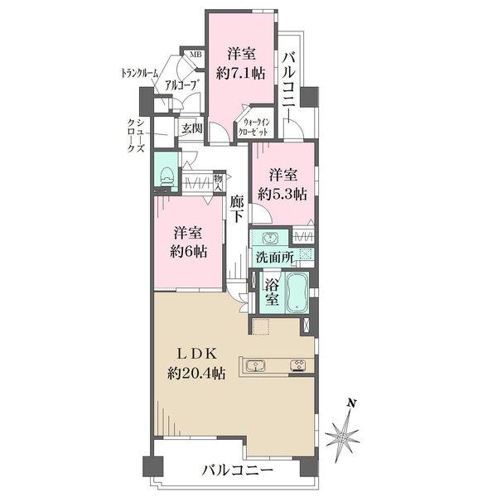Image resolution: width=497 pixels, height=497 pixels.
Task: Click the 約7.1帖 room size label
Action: tap(240, 73)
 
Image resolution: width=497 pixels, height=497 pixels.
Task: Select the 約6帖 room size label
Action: tap(190, 252)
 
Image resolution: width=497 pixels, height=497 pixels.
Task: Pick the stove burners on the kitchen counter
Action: tap(297, 366)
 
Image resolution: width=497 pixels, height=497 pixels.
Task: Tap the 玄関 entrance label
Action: tap(192, 128)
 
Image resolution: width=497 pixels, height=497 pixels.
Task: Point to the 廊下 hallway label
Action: tap(237, 207)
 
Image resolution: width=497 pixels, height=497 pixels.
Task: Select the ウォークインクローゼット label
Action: tap(253, 126)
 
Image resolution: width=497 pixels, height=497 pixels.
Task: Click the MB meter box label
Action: tap(196, 55)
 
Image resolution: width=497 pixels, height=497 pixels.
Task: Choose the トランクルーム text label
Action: tap(139, 74)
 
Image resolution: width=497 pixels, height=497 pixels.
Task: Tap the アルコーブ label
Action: tap(180, 84)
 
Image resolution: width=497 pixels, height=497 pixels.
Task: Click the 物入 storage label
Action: tap(217, 182)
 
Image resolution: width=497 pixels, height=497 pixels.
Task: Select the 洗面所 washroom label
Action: tap(275, 258)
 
